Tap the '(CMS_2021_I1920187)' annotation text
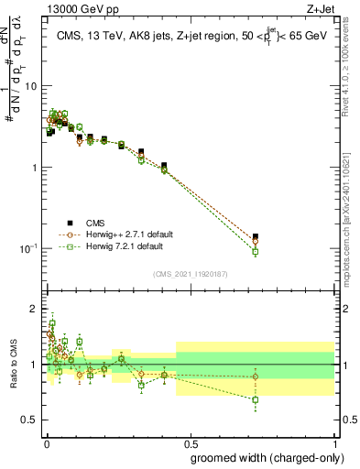coord(190,273)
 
